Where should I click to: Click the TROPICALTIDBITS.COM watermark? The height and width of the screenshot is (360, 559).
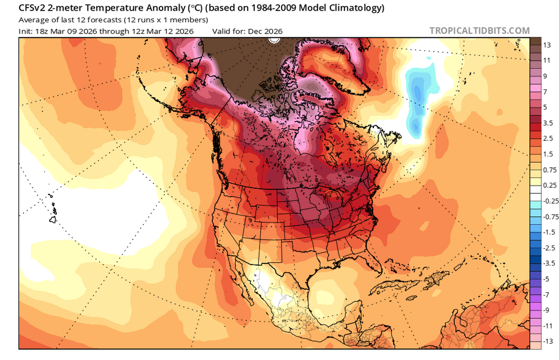pyautogui.click(x=480, y=31)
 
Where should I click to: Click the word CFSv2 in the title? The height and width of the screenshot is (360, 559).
pyautogui.click(x=35, y=8)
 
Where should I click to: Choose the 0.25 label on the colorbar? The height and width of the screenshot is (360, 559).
pyautogui.click(x=549, y=184)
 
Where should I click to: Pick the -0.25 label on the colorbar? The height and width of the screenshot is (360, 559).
pyautogui.click(x=549, y=200)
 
